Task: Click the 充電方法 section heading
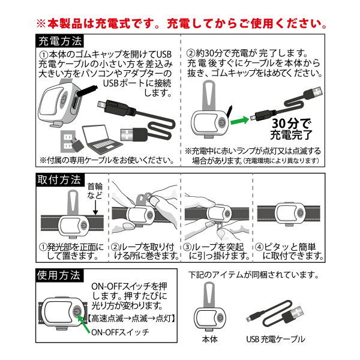[60, 41]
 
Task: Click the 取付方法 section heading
[59, 179]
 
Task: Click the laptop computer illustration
[101, 139]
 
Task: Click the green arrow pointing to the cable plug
[239, 121]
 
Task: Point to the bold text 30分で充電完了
[291, 129]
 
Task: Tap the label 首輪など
[95, 191]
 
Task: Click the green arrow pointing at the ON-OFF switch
[84, 325]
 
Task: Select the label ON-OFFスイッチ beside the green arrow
[120, 332]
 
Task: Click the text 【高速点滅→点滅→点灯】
[132, 319]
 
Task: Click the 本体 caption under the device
[209, 339]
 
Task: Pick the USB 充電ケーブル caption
[275, 339]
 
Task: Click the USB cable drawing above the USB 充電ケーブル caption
[275, 314]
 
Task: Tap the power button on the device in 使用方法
[77, 312]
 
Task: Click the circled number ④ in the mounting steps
[259, 247]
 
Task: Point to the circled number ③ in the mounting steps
[188, 247]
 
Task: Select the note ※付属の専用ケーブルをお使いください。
[107, 160]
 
